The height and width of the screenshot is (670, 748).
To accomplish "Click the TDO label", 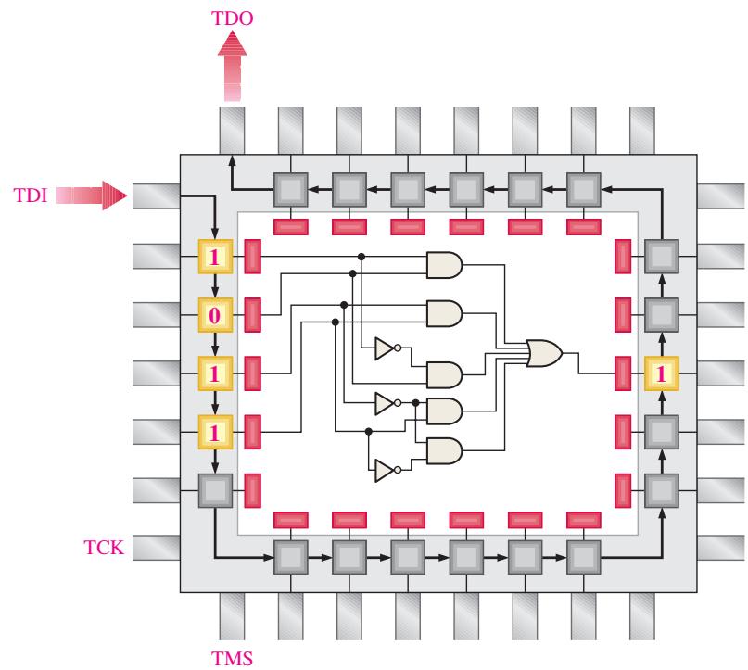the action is coord(232,19).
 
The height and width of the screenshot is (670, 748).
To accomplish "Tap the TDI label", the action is coord(31,196).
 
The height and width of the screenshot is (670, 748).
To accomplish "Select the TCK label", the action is coord(104,547).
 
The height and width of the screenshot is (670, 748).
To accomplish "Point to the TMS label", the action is coord(232,659).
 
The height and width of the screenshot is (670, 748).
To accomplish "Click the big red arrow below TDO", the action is coord(233,66).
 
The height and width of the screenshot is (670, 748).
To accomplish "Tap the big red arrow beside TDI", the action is coord(92,196).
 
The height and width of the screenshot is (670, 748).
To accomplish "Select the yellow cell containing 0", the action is coord(215,315).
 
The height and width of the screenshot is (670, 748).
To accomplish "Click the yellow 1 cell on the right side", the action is coord(661,373).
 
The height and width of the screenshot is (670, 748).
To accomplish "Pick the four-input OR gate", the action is coord(544,353).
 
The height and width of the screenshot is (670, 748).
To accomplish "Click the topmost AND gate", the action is coord(444,265).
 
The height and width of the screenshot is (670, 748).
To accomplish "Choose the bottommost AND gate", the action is coord(444,451).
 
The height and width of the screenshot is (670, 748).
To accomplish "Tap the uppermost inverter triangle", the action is coord(385,348).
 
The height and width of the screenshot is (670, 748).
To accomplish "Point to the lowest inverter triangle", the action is coord(385,471).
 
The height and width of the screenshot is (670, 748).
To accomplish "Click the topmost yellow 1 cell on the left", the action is coord(215,257).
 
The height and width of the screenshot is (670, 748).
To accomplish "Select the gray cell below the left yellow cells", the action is coord(215,491).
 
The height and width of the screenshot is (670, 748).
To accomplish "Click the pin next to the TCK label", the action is coord(157,548).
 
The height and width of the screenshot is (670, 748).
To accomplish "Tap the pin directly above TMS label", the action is coord(232,616).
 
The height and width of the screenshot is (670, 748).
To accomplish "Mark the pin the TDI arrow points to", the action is coord(157,196).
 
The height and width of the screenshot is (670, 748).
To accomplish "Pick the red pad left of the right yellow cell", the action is coord(623,373).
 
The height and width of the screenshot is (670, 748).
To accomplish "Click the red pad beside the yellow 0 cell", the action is coord(252,315).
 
